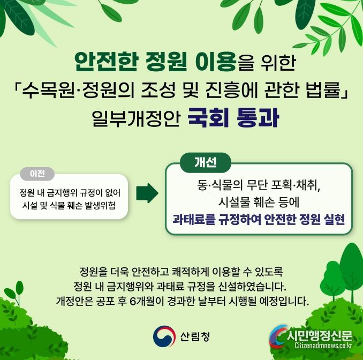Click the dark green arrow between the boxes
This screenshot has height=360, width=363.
coord(147,193)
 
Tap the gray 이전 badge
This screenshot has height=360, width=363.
coord(37,174)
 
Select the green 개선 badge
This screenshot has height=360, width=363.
coord(206,162)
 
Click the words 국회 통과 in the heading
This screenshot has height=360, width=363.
coord(233,118)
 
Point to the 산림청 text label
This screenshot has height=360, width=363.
coord(195,336)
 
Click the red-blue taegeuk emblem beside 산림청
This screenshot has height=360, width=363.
coord(164,336)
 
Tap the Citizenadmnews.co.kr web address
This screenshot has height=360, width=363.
coord(323,346)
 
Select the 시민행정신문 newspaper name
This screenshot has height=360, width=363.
coord(320,335)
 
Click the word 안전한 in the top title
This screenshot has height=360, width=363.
coord(106,62)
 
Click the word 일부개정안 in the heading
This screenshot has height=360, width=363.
coord(136,118)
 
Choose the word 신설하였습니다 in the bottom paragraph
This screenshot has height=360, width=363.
coord(252,287)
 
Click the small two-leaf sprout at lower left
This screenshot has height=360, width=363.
coord(14,292)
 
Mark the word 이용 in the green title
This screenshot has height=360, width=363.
coord(216,62)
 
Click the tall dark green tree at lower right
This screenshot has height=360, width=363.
coord(352,271)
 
